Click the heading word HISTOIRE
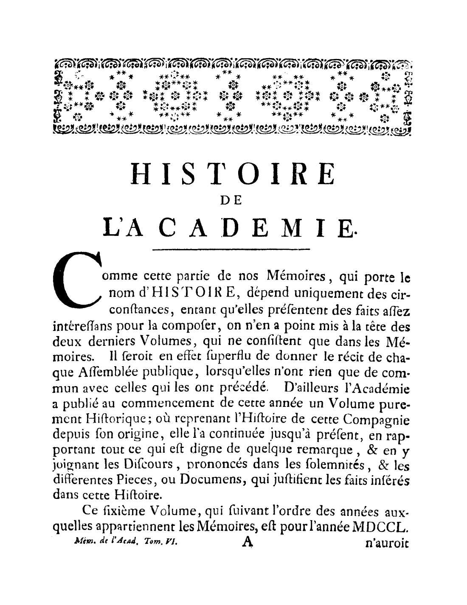click(x=232, y=174)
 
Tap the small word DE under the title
click(x=232, y=202)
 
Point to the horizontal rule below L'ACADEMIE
click(x=231, y=249)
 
